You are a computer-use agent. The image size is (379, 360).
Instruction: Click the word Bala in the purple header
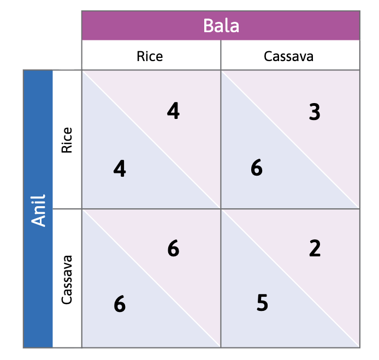(x=221, y=26)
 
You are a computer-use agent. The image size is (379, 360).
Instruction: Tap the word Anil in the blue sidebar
(x=38, y=209)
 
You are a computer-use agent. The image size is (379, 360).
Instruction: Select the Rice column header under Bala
(x=150, y=56)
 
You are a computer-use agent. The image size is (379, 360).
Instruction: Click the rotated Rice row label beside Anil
(x=67, y=140)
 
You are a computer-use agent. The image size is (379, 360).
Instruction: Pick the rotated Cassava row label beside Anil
(x=67, y=279)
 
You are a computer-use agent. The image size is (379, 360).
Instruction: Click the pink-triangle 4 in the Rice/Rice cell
(x=173, y=111)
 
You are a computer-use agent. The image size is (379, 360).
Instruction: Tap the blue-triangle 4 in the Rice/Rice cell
(x=120, y=169)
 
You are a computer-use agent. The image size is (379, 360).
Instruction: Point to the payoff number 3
(x=314, y=112)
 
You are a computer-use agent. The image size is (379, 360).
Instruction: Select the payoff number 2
(x=315, y=249)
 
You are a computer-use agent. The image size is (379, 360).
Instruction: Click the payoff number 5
(x=262, y=303)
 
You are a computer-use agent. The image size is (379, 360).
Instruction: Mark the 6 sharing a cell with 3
(x=257, y=169)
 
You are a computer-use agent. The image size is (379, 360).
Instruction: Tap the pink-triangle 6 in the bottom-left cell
(x=173, y=249)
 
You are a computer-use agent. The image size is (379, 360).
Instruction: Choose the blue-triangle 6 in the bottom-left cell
(x=120, y=304)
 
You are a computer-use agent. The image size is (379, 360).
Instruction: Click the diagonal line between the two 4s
(x=151, y=140)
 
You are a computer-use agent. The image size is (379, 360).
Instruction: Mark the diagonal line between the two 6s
(x=151, y=278)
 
